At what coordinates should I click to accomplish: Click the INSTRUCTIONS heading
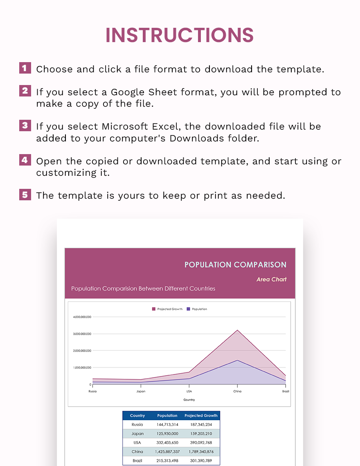[180, 35]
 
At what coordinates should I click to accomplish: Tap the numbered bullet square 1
[25, 68]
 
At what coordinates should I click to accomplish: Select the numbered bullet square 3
[25, 125]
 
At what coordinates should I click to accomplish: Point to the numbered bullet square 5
[25, 194]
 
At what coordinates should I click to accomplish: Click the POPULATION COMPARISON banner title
[235, 264]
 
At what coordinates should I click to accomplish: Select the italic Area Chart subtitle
[271, 280]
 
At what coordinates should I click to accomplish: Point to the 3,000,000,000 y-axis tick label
[82, 334]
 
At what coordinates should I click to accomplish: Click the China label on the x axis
[237, 391]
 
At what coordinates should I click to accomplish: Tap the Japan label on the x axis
[141, 391]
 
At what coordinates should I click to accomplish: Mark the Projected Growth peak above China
[237, 330]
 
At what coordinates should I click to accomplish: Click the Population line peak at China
[237, 360]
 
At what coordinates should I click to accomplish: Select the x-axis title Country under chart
[189, 400]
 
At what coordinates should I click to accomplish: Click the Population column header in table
[167, 416]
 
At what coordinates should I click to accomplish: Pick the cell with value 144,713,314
[167, 425]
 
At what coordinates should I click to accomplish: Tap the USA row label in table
[137, 443]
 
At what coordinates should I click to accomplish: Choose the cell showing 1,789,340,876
[201, 452]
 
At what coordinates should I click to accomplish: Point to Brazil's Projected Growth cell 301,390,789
[201, 461]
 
